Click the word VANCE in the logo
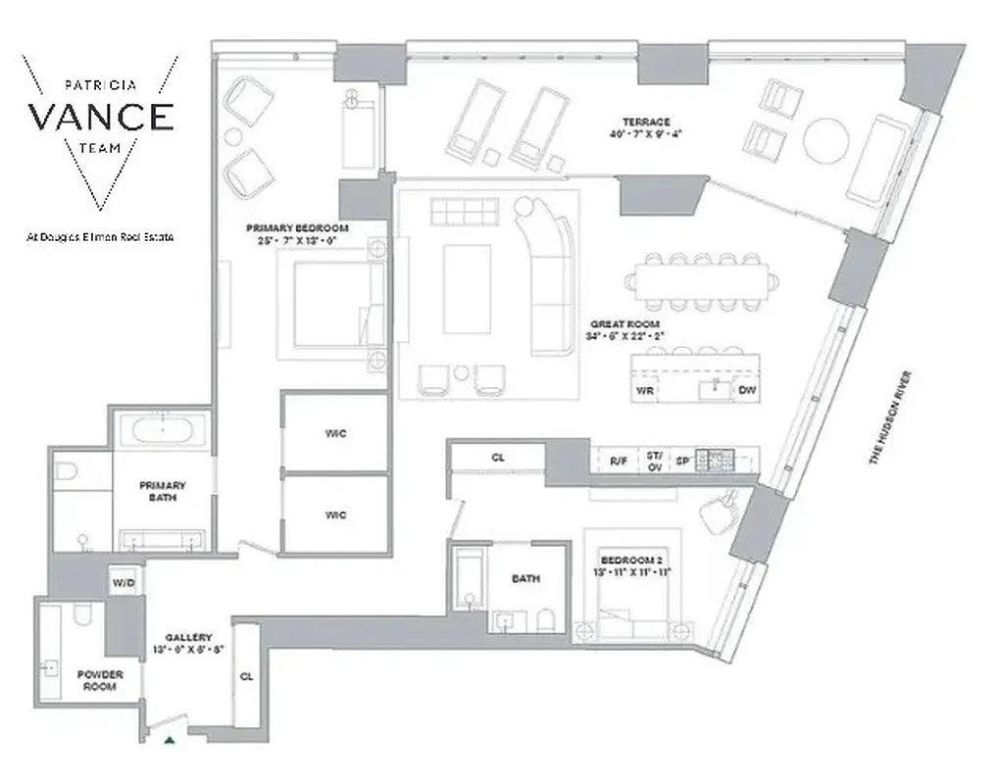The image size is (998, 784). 101,117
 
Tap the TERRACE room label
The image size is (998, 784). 644,122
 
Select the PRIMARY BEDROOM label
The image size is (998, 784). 297,227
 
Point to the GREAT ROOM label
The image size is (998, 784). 624,323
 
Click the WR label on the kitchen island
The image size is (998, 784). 645,390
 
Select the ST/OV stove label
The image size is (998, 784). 654,459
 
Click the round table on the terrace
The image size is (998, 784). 825,141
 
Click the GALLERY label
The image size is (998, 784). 188,638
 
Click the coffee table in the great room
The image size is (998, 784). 467,288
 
